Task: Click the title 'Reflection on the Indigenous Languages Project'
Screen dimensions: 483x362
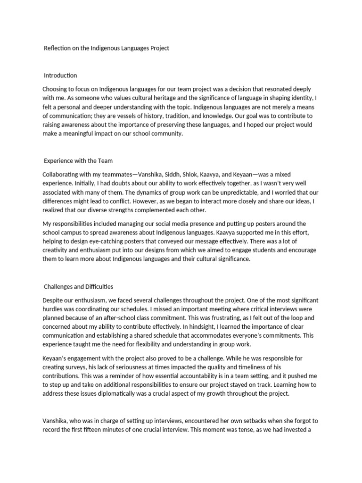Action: [107, 48]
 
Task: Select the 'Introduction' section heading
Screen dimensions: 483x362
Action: [60, 75]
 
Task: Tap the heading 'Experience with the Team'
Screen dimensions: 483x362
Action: [78, 161]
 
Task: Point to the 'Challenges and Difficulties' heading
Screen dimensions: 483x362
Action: [78, 286]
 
